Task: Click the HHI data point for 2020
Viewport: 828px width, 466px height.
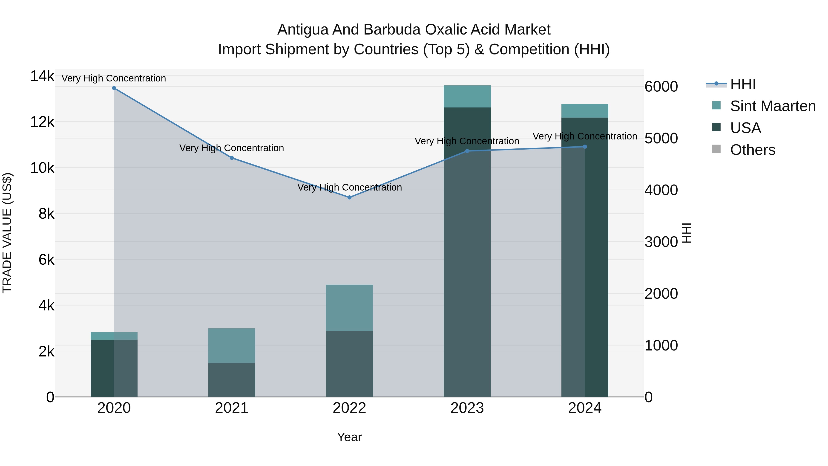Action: pyautogui.click(x=114, y=88)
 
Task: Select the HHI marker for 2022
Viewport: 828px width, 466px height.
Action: pyautogui.click(x=349, y=197)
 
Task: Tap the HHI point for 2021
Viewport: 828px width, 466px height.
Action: pyautogui.click(x=232, y=158)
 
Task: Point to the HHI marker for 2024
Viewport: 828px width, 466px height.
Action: pyautogui.click(x=585, y=147)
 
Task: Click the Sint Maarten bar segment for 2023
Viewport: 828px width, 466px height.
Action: pyautogui.click(x=467, y=96)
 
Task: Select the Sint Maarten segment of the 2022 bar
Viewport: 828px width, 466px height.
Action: pyautogui.click(x=349, y=307)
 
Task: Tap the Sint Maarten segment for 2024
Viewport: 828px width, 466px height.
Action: pyautogui.click(x=585, y=111)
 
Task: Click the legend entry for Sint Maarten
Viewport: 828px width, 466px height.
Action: pyautogui.click(x=773, y=106)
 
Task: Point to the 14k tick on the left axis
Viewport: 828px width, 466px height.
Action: pyautogui.click(x=42, y=77)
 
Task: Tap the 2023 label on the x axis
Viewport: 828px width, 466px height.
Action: pyautogui.click(x=467, y=408)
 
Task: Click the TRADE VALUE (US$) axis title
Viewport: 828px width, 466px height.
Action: pyautogui.click(x=7, y=233)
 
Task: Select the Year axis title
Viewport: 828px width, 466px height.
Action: pyautogui.click(x=349, y=437)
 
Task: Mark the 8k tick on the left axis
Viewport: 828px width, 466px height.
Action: pyautogui.click(x=46, y=214)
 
